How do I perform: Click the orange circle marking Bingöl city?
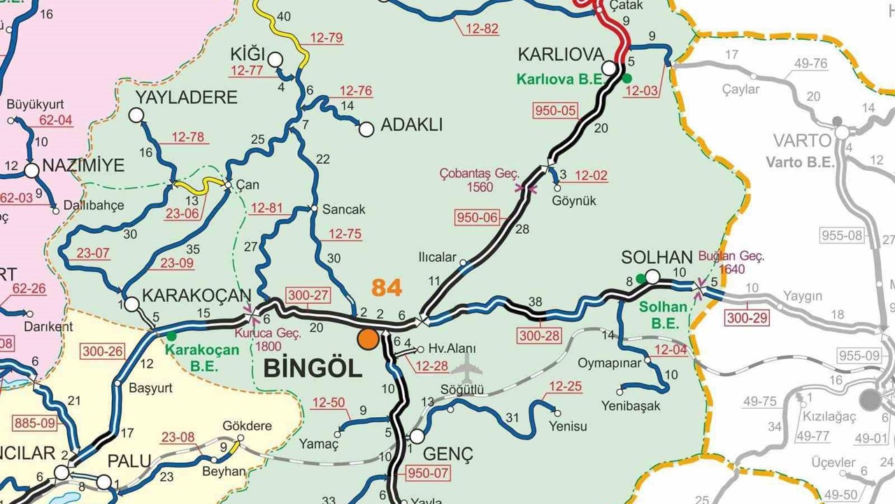[368, 339]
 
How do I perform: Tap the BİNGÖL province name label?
[313, 368]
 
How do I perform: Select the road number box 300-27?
[308, 296]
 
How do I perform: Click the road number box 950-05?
[556, 110]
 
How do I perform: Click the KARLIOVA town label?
[560, 55]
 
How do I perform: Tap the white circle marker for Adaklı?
[366, 129]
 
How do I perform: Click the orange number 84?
[387, 287]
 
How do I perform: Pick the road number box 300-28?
[540, 336]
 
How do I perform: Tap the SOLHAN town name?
[657, 258]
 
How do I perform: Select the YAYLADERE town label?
[186, 97]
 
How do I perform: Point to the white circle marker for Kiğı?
[275, 59]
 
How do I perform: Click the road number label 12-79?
[327, 38]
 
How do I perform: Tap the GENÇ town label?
[448, 454]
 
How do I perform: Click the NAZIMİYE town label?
[83, 166]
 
